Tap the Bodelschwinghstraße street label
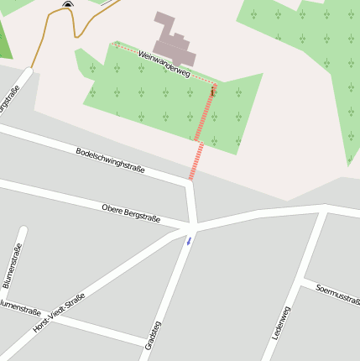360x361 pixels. click(x=110, y=160)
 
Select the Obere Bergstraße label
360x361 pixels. click(x=131, y=212)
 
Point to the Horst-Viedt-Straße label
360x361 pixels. click(x=58, y=314)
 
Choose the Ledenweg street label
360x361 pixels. click(x=280, y=322)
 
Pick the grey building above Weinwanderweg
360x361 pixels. click(x=175, y=39)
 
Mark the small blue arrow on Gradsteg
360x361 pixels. click(x=189, y=240)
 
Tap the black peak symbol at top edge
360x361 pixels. click(x=68, y=4)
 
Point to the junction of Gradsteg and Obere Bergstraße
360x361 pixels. click(x=192, y=227)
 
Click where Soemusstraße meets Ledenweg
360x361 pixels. click(x=305, y=280)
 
